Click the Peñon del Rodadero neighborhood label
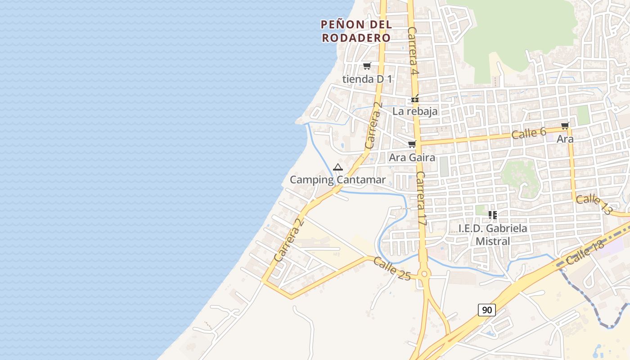(356, 31)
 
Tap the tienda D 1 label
(367, 79)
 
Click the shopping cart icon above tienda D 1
(367, 66)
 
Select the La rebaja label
(415, 111)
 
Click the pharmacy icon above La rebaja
(415, 99)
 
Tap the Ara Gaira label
(412, 157)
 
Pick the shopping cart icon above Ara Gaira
(412, 144)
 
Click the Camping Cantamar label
(337, 180)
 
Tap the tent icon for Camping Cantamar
(338, 167)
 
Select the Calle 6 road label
(528, 133)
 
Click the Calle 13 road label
(594, 204)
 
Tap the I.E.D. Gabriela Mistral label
(493, 234)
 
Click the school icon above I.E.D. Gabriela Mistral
(493, 215)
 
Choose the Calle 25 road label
(392, 269)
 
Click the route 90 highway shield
(486, 310)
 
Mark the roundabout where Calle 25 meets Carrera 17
(423, 274)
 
